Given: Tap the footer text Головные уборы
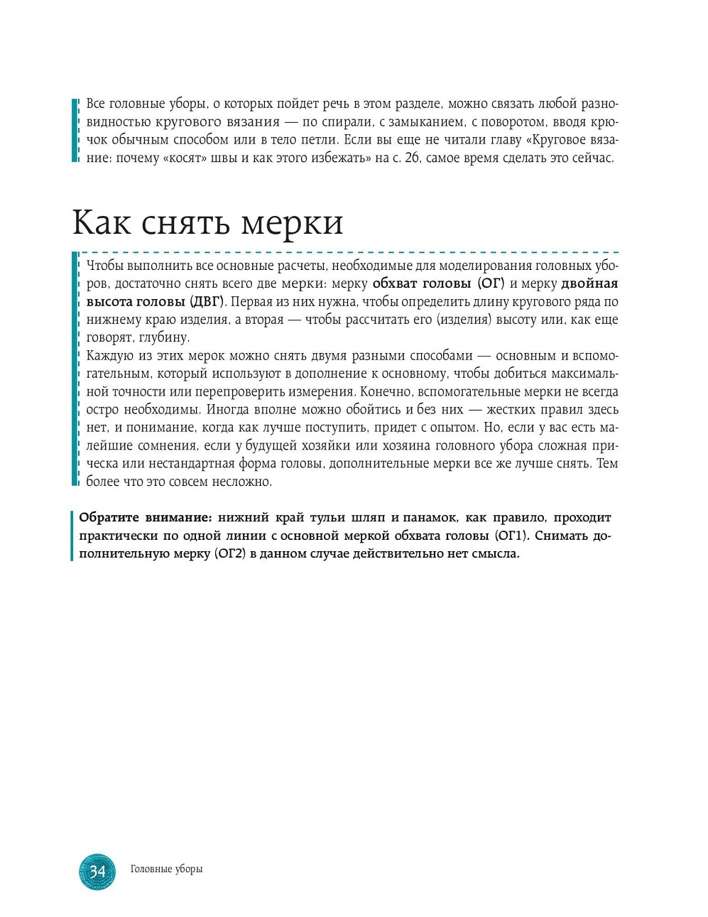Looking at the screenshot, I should click(166, 869).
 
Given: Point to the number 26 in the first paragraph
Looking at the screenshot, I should click(410, 158).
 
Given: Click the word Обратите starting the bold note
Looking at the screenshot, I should click(108, 518).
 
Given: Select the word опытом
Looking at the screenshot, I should click(454, 428).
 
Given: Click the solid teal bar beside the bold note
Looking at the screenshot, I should click(72, 536).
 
